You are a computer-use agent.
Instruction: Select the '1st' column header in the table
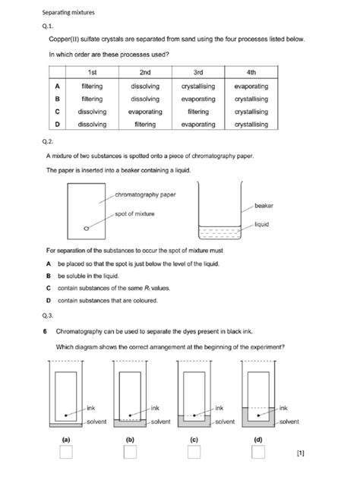91,73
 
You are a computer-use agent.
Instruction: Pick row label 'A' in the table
58,87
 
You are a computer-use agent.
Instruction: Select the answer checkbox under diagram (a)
66,453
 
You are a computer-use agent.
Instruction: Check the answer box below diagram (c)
194,453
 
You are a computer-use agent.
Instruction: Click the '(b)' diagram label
130,439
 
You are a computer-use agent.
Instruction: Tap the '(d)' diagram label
258,439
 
